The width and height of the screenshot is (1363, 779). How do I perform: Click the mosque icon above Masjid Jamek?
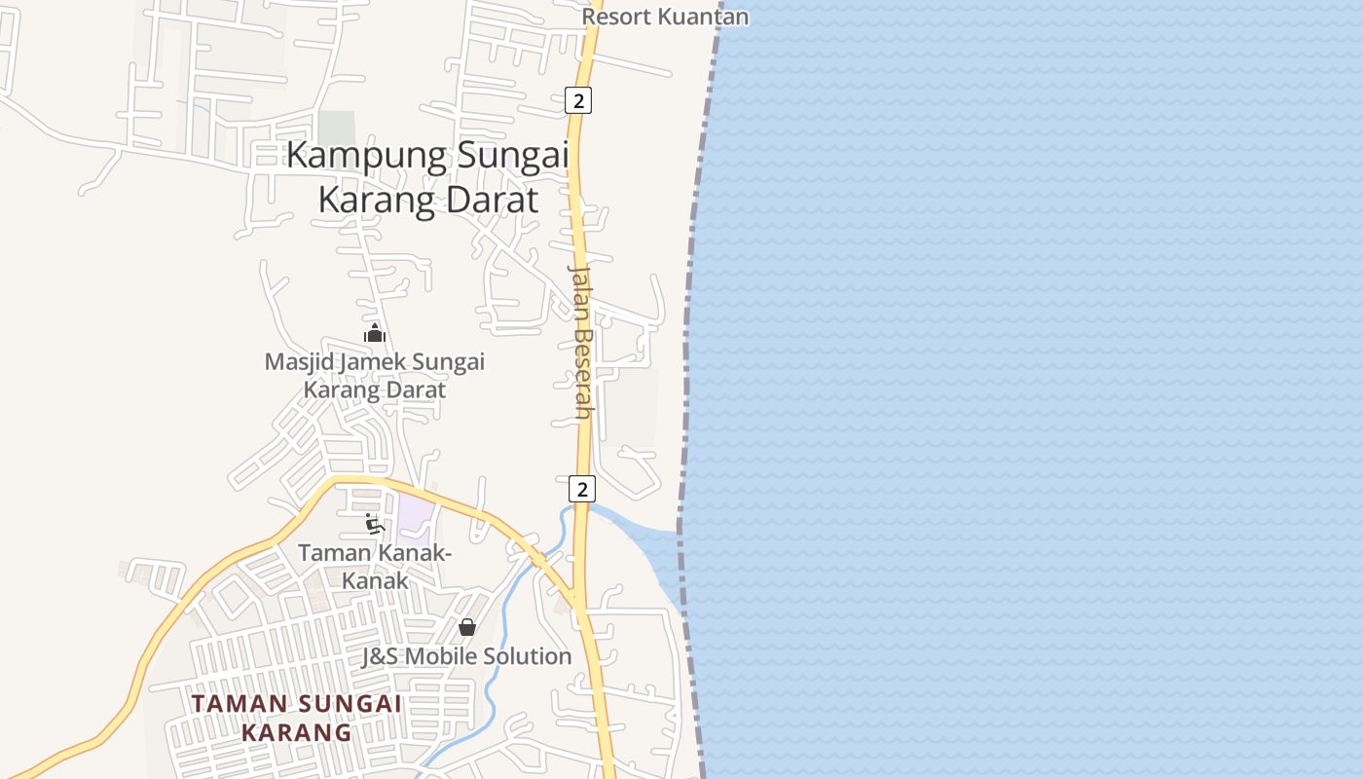tap(374, 333)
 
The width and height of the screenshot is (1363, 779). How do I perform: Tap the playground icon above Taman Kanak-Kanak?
tap(374, 524)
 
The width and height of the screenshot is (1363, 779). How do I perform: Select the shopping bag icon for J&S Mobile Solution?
tap(467, 627)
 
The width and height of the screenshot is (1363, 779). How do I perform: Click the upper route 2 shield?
tap(578, 99)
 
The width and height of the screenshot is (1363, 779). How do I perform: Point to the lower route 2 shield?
tap(582, 489)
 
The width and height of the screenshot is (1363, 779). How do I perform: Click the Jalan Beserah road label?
tap(582, 341)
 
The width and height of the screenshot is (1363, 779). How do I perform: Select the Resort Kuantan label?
tap(666, 17)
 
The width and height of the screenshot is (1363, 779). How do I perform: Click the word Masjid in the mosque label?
tap(294, 362)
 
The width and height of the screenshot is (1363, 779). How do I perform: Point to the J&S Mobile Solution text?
tap(467, 656)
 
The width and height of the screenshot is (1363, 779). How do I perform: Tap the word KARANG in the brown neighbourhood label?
tap(296, 732)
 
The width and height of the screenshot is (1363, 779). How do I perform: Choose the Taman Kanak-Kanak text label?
tap(374, 566)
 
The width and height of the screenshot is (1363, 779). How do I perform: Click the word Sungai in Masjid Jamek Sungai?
tap(449, 362)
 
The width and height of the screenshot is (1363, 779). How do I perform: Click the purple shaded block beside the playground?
tap(414, 516)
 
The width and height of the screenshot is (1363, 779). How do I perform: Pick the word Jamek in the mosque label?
tap(371, 362)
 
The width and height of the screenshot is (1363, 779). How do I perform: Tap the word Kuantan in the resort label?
tap(704, 17)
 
